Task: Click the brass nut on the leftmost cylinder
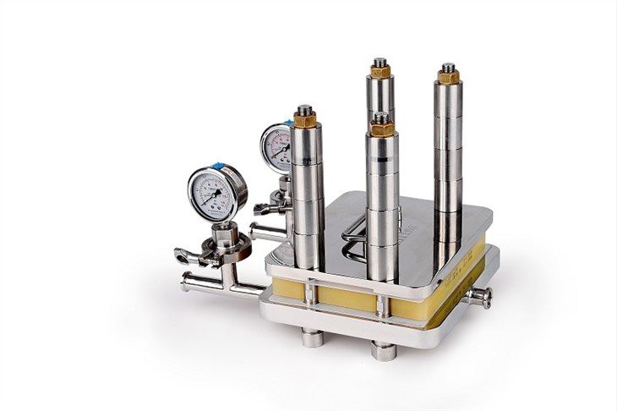tap(305, 119)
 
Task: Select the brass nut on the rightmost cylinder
tap(448, 77)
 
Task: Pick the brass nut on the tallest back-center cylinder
tap(379, 72)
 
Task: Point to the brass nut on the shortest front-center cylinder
tap(381, 129)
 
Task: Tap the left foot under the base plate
tap(313, 337)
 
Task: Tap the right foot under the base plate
tap(385, 349)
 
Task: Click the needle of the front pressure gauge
tap(217, 195)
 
